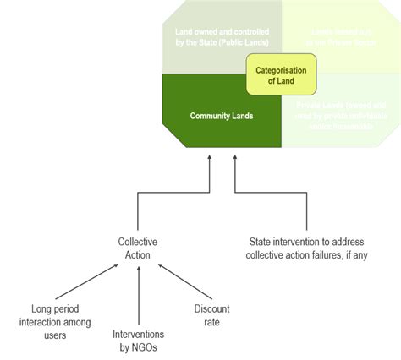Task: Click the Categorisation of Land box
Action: [281, 75]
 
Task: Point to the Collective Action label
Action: [137, 248]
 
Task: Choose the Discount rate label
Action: [211, 314]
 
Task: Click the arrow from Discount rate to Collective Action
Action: [180, 283]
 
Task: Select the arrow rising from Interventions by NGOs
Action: [137, 292]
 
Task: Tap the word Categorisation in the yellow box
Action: [281, 70]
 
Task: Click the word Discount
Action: [211, 308]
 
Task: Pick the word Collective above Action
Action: [137, 242]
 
